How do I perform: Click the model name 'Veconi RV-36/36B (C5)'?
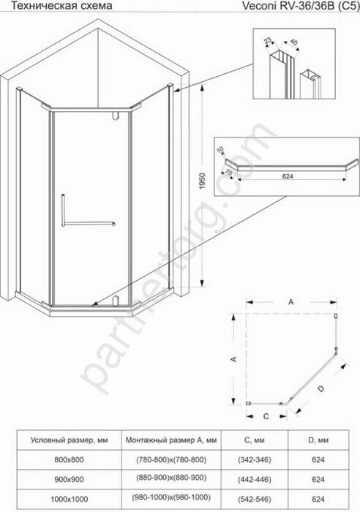(x=307, y=7)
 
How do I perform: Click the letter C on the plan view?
(x=266, y=415)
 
